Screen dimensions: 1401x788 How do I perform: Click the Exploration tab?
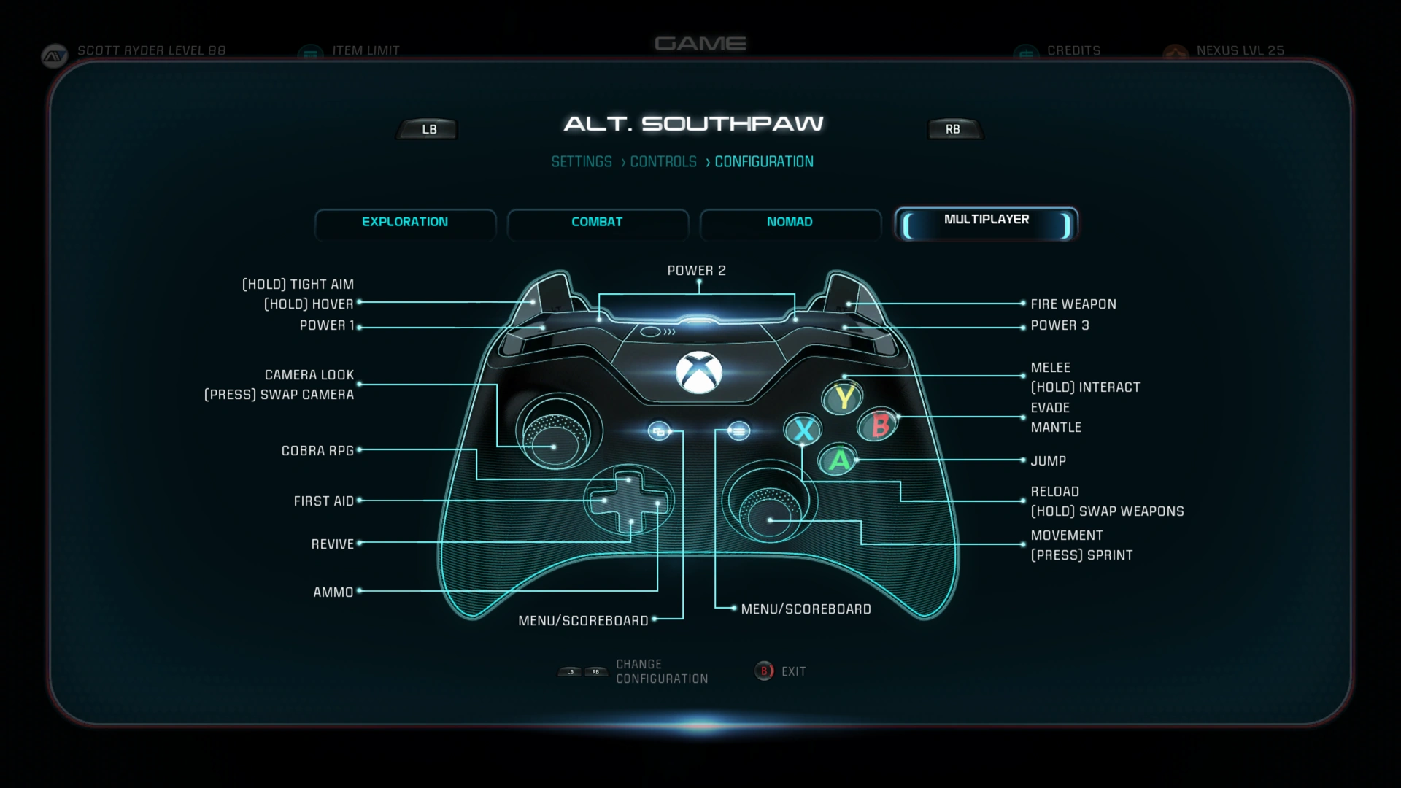click(405, 222)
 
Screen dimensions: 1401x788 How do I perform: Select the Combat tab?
click(597, 222)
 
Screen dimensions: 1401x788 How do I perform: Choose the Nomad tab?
click(790, 222)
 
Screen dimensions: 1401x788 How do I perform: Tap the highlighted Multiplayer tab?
click(986, 222)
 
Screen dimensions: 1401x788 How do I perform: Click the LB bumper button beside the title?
click(429, 129)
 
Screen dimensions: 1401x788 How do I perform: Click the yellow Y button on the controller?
click(844, 398)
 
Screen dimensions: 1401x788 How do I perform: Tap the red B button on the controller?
click(880, 425)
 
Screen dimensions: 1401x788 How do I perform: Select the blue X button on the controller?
click(803, 430)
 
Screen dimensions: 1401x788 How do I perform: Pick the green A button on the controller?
click(839, 460)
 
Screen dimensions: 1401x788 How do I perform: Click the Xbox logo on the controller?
click(698, 372)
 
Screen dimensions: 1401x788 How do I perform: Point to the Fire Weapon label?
click(1073, 304)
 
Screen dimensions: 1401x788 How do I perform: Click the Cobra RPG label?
click(317, 451)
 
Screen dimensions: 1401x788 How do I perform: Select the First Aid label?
click(323, 501)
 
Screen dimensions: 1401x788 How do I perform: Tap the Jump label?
click(1048, 461)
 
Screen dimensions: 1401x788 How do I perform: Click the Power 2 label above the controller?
click(696, 271)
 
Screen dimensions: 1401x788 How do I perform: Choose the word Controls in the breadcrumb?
click(663, 162)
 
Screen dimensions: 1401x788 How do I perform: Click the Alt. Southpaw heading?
click(693, 124)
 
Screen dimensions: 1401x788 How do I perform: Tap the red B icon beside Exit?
click(764, 671)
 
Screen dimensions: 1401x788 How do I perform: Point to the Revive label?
click(332, 544)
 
